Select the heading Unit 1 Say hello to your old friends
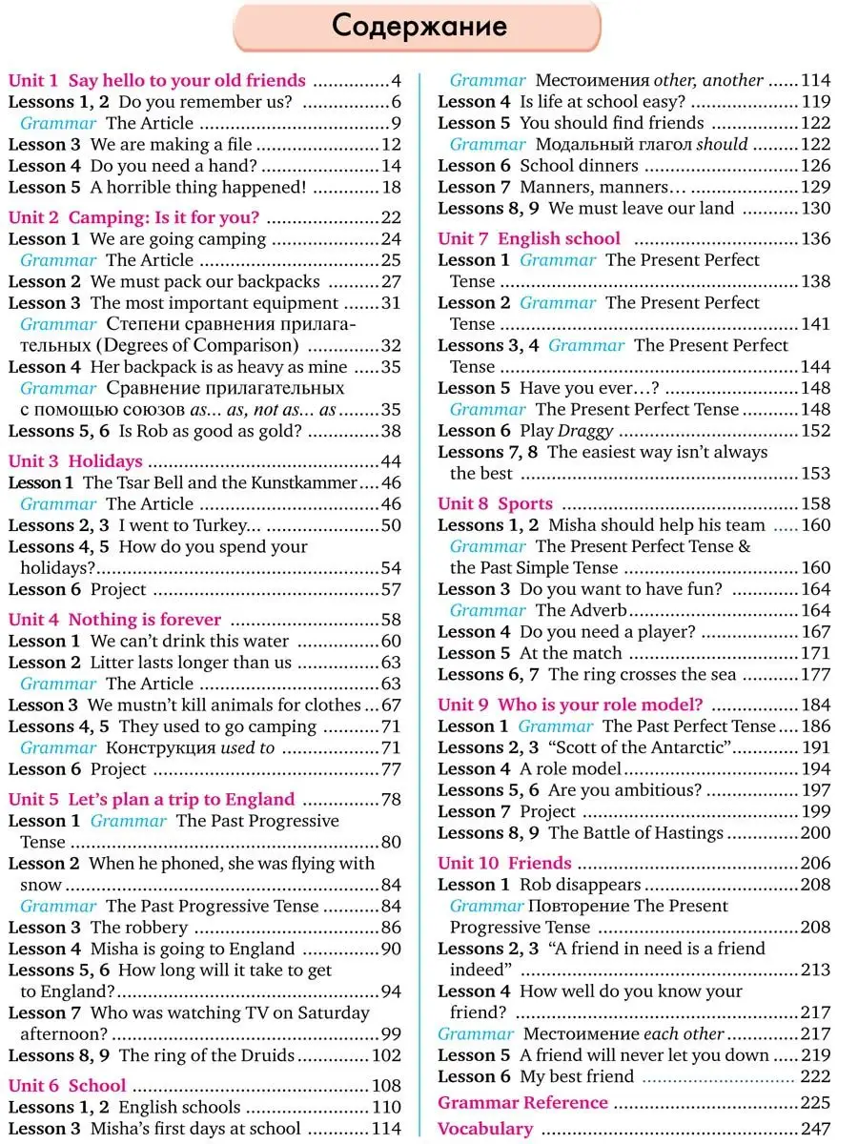coord(157,81)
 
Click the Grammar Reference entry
coord(522,1103)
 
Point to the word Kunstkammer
coord(304,483)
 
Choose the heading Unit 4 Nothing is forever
coord(114,620)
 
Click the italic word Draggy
coord(586,431)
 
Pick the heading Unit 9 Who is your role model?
coord(570,705)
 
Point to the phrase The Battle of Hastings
coord(636,833)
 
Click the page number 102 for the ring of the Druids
coord(386,1055)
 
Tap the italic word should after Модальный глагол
coord(722,145)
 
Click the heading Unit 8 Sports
coord(495,504)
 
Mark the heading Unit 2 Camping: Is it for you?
coord(133,217)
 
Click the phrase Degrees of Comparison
coord(248,346)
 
